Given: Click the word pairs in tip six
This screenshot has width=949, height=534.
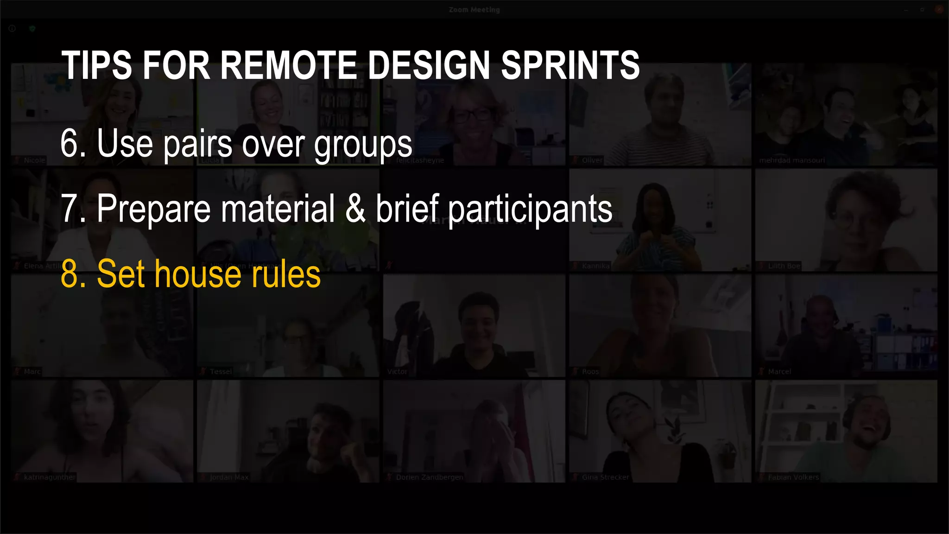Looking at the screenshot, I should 198,145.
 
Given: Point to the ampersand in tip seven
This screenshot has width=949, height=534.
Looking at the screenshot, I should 355,209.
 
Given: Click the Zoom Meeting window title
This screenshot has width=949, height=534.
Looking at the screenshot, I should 474,9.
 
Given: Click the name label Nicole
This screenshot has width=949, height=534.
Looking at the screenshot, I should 34,160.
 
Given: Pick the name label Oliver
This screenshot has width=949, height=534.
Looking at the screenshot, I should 592,160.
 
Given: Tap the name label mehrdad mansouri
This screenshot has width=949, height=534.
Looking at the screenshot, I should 791,160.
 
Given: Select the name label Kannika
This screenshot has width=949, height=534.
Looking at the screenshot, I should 595,266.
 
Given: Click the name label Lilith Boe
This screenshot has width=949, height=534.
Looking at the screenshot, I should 784,266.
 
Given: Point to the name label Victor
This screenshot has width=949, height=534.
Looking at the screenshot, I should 397,372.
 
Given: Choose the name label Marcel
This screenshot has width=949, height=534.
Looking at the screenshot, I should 779,372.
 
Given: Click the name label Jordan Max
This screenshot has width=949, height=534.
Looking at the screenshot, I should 229,477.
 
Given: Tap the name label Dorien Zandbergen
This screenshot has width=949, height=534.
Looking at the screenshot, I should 429,477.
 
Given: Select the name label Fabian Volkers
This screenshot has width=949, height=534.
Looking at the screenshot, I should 793,477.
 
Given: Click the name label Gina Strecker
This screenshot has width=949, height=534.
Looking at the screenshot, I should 605,477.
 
